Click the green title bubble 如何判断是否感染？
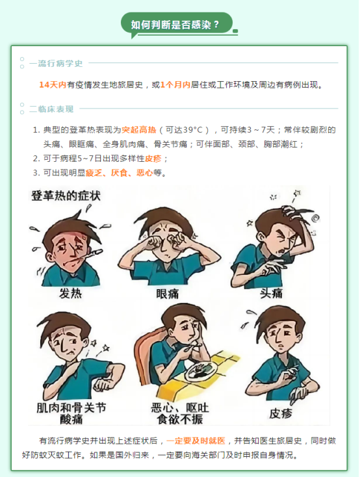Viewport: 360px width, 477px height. pos(177,24)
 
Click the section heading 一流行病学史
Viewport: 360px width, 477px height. pos(56,63)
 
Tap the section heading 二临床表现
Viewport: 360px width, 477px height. pos(51,109)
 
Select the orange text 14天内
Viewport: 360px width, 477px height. pos(53,84)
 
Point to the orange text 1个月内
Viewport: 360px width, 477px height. pos(175,84)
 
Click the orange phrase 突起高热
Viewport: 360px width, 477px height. pos(139,130)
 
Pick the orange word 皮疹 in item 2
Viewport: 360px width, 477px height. pos(153,158)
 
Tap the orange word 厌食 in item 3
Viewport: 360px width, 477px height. pos(119,173)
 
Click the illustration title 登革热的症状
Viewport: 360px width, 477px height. pos(66,196)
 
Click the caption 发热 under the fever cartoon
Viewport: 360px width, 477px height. pos(71,294)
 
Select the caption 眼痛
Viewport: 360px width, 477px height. pos(168,294)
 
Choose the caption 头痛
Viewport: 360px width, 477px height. pos(271,293)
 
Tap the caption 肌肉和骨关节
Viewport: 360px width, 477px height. pos(71,407)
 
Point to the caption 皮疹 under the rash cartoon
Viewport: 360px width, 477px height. pos(281,413)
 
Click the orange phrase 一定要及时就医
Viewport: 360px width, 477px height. pos(196,441)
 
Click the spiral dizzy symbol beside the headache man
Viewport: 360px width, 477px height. pos(316,218)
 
